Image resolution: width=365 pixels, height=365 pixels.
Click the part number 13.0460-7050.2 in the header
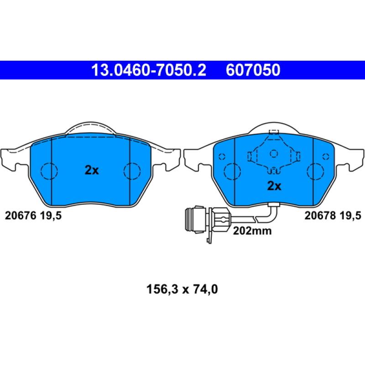pyautogui.click(x=149, y=70)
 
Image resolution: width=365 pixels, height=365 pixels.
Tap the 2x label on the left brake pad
pyautogui.click(x=92, y=171)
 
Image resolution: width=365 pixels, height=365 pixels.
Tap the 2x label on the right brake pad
pyautogui.click(x=274, y=186)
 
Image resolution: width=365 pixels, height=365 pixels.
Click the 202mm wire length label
pyautogui.click(x=252, y=231)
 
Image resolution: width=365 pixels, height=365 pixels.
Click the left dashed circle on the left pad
pyautogui.click(x=49, y=171)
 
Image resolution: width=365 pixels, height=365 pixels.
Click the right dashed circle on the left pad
pyautogui.click(x=133, y=171)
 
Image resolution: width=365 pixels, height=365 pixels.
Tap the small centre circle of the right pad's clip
pyautogui.click(x=274, y=153)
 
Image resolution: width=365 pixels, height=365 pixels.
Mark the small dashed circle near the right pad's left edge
pyautogui.click(x=222, y=157)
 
